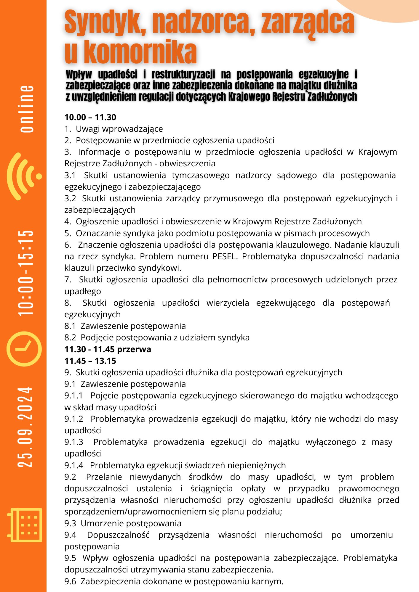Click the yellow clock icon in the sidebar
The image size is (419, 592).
pos(24,348)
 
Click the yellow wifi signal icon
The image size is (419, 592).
pos(25,176)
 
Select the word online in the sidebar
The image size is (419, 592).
pos(27,109)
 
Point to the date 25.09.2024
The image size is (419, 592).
pos(25,427)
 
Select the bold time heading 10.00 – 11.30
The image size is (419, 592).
pos(90,117)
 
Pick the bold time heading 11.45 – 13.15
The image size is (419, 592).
pos(90,361)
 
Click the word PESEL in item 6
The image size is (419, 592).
pos(225,256)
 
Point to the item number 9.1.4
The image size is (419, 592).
pos(74,465)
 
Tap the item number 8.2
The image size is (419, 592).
pos(70,337)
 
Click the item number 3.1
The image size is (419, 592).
pos(70,175)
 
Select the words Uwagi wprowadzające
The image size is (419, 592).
pos(119,129)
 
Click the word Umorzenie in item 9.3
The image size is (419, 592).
pos(101,523)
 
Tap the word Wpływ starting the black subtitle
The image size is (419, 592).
pos(79,74)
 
